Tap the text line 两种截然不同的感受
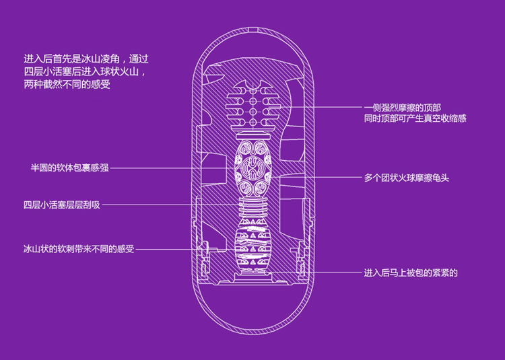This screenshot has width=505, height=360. coord(66,85)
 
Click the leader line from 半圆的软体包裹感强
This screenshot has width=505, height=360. coord(175,168)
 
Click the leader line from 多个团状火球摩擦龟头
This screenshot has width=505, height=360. coord(316,178)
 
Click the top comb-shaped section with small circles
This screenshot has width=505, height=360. coord(252,105)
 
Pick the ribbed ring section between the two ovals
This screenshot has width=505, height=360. coord(252,211)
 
